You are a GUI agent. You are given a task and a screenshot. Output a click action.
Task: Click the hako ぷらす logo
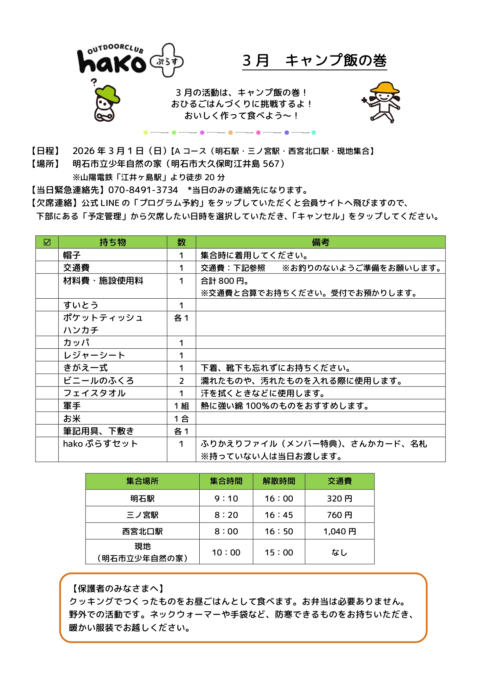coord(130,61)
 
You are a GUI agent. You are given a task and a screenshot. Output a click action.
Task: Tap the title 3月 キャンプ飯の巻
coord(314,61)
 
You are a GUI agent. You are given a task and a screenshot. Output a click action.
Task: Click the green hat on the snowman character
coord(107,94)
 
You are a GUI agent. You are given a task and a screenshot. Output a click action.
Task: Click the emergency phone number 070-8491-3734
coord(143,190)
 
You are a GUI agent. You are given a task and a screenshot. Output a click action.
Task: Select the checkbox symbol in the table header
coord(47,242)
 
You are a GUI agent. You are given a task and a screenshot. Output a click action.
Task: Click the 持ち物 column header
coord(113,242)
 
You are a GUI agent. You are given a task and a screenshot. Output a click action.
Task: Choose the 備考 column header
coord(320,242)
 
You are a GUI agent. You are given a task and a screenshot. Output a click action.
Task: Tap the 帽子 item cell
coord(72,255)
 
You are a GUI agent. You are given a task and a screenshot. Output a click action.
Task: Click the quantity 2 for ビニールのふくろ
coord(181,381)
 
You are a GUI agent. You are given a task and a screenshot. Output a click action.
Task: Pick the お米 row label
coord(72,419)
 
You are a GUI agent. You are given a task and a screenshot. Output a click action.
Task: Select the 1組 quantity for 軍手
coord(181,406)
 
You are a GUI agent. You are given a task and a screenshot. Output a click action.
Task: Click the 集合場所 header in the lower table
coord(142,481)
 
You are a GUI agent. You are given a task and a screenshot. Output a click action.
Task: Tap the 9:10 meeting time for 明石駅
coord(226,498)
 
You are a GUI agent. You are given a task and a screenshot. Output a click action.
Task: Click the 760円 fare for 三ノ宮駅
coord(339,515)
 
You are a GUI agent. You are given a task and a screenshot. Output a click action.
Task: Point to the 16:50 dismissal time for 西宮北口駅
coord(279,531)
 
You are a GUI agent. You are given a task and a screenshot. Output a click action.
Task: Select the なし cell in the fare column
coord(339,552)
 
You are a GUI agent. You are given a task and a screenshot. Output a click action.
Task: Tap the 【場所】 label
coord(46,164)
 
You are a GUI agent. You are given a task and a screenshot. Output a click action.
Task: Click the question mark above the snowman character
coord(94,82)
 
